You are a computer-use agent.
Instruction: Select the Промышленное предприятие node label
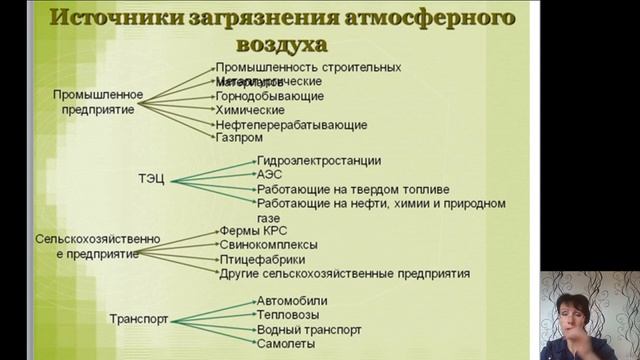98,102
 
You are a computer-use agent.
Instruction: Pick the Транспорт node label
138,320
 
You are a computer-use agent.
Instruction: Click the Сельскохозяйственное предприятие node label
84,247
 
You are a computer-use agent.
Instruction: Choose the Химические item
250,110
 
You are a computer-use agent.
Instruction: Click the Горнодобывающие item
269,96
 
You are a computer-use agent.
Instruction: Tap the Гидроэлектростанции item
318,160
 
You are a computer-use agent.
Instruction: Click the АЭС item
269,174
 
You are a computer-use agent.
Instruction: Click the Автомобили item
291,301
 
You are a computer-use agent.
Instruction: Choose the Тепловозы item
288,315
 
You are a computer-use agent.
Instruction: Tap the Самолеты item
285,343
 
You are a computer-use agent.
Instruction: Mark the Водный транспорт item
308,329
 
